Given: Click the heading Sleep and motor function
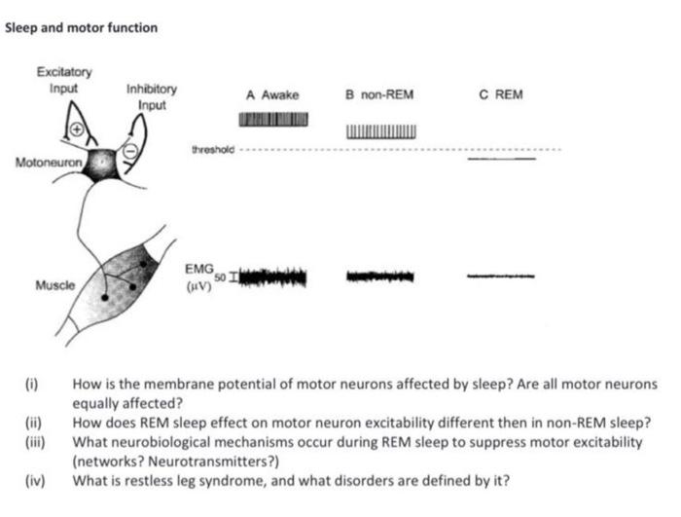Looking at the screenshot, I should [81, 27].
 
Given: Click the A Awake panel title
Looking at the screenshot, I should [272, 95].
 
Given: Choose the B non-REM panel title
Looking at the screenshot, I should [379, 95].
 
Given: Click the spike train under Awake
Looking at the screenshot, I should [273, 119].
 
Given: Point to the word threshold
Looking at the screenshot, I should [214, 151].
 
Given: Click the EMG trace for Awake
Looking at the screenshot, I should [273, 277].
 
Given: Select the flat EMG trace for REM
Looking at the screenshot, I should [501, 277].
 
